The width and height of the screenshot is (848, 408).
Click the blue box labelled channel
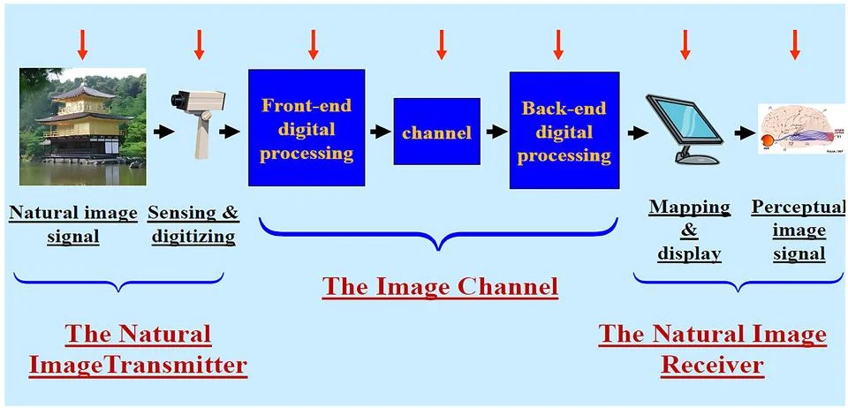436,132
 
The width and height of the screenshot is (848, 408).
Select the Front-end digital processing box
307,129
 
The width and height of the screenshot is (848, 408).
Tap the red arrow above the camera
199,43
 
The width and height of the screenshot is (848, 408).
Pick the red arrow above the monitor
685,43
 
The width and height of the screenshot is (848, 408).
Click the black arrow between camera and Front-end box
230,132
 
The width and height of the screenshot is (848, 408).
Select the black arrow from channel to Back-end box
496,132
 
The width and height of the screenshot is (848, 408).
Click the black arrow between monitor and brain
745,133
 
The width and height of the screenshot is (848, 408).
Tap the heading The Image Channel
439,286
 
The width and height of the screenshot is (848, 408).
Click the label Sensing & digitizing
193,224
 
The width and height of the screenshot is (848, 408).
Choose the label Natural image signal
73,224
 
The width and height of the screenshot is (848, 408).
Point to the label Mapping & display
689,230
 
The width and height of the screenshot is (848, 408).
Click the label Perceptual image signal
788,230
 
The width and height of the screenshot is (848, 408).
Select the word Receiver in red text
712,364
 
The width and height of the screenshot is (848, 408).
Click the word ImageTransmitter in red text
138,364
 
